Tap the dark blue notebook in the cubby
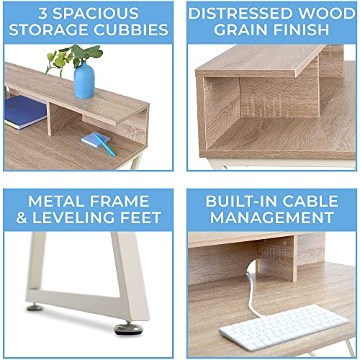tap(25, 112)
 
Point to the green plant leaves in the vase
tap(76, 53)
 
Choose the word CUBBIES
tap(132, 31)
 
